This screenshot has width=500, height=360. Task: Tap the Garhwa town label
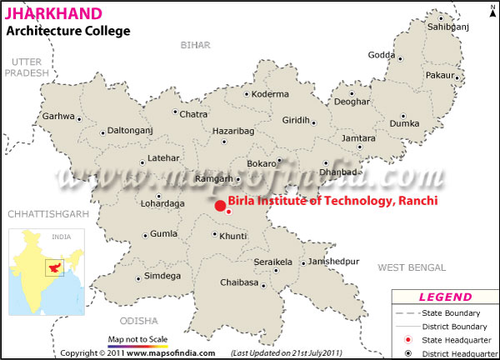coord(58,117)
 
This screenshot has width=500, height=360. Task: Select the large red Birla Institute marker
coord(219,206)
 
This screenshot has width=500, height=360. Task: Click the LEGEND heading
coord(445,297)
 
